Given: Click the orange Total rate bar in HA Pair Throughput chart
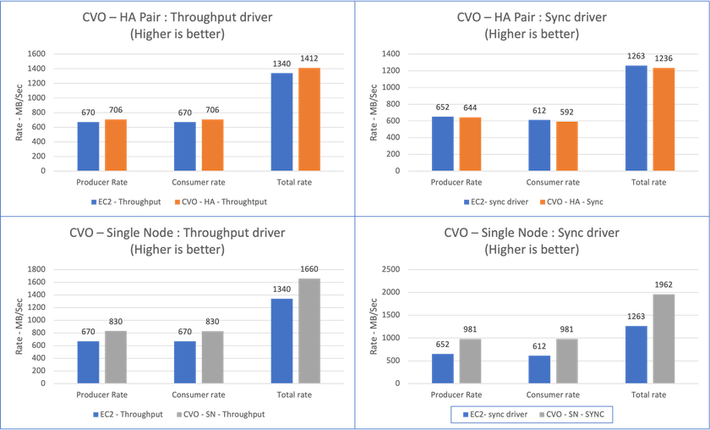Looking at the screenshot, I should (310, 119).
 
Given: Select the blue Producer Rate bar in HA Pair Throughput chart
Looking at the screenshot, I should (89, 146).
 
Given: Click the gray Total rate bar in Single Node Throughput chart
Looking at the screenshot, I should (309, 329).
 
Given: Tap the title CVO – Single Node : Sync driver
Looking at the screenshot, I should (532, 231).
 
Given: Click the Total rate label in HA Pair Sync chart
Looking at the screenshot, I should (648, 181).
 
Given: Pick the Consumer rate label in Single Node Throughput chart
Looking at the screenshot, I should (197, 394).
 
